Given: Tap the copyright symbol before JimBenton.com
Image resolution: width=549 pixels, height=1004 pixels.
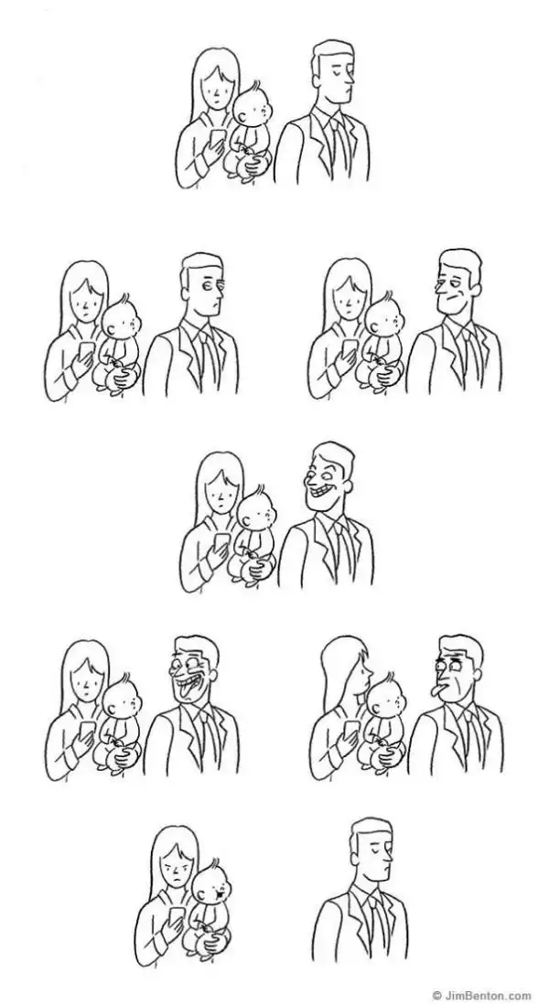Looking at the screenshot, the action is [x=436, y=996].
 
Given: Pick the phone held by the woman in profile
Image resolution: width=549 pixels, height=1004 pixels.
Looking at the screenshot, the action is [x=350, y=730].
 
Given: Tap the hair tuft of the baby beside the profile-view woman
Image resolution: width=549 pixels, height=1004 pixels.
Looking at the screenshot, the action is [x=390, y=678].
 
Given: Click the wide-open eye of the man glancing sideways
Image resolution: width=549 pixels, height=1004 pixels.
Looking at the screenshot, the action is [x=209, y=283].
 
